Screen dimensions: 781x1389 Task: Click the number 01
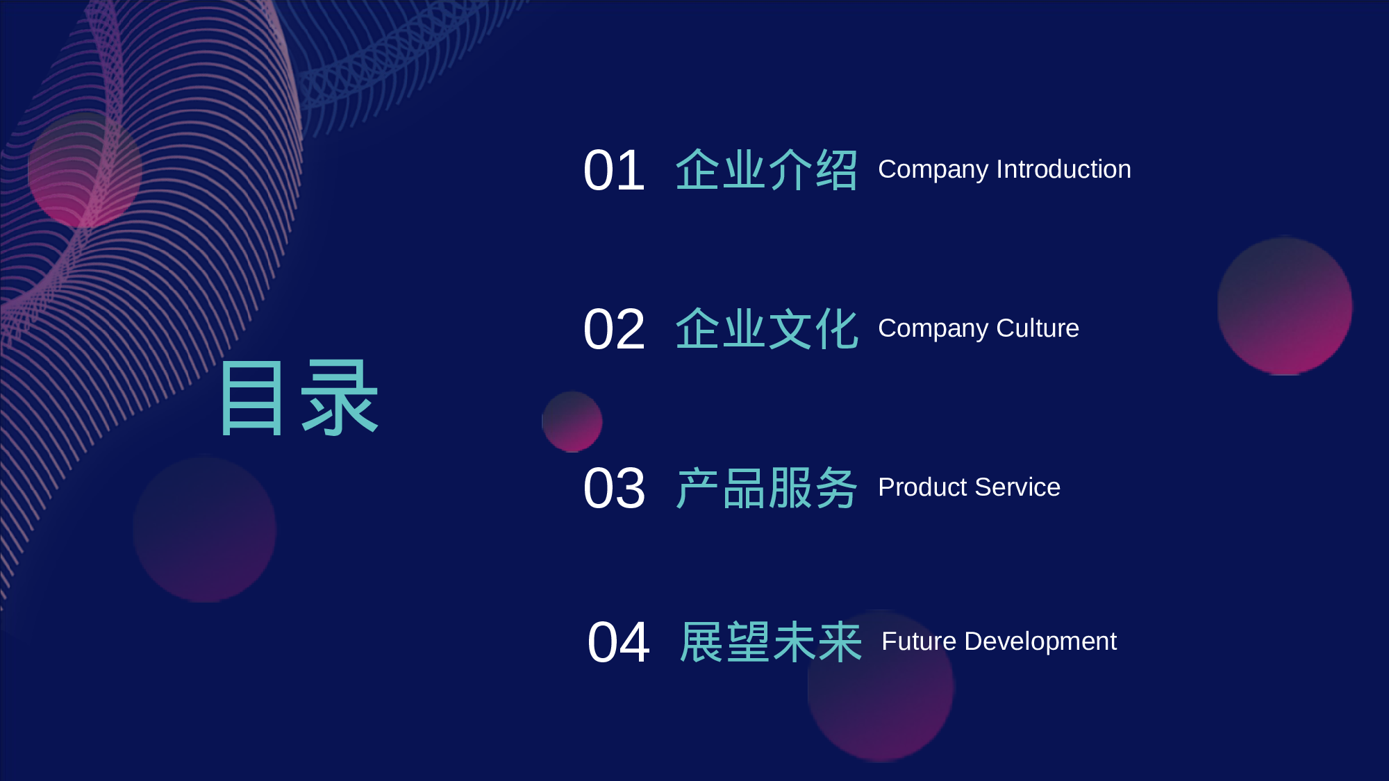tap(614, 171)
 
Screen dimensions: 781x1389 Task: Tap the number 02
tap(614, 330)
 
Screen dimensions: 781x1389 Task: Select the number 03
tap(614, 489)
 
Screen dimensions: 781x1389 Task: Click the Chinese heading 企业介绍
tap(767, 170)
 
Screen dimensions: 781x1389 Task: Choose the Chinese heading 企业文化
tap(767, 329)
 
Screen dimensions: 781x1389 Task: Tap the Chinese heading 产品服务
tap(767, 488)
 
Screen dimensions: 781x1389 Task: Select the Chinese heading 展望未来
tap(771, 642)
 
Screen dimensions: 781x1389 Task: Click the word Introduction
tap(1063, 169)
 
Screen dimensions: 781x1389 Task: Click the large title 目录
tap(299, 398)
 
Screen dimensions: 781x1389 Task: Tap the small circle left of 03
tap(572, 421)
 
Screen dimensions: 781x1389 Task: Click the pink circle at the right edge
tap(1285, 306)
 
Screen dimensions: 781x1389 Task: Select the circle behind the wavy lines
tap(85, 170)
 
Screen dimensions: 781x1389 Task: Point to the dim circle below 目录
tap(205, 529)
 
